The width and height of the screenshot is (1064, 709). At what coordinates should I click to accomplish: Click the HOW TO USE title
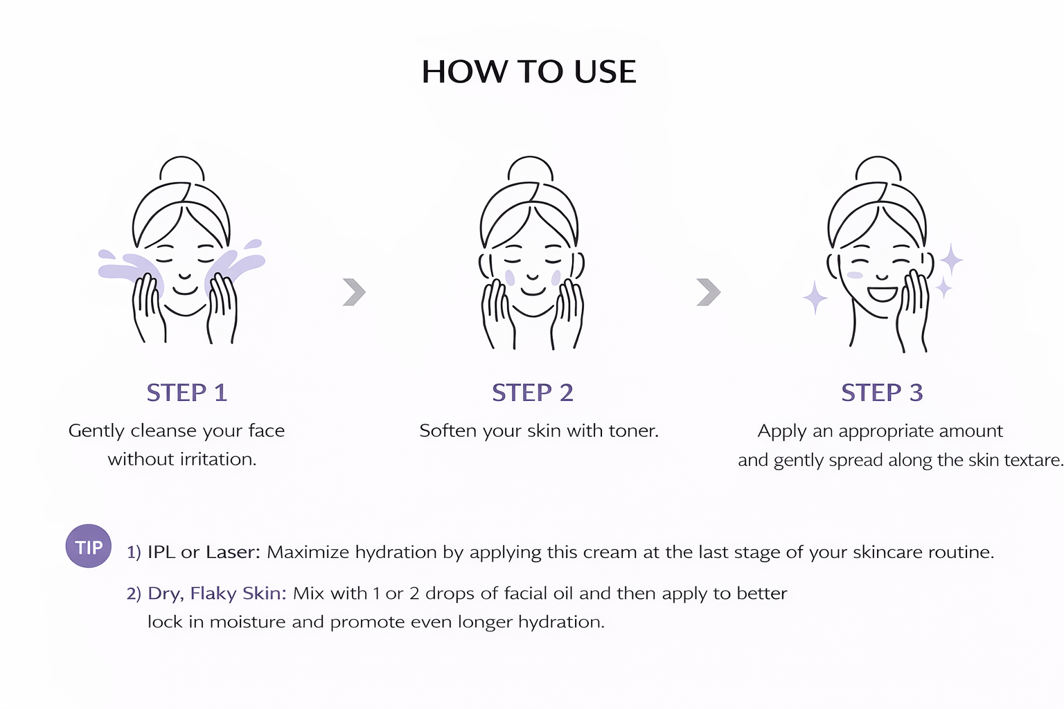(x=529, y=72)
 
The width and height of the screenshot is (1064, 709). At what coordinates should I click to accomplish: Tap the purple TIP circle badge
(x=89, y=546)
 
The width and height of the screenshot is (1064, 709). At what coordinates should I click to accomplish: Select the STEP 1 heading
(x=186, y=393)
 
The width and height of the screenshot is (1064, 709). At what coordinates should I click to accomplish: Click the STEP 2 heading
(x=533, y=393)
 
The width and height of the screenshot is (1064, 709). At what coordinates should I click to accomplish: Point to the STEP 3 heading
(x=882, y=393)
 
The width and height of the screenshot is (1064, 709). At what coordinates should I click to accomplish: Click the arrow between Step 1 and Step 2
(x=355, y=291)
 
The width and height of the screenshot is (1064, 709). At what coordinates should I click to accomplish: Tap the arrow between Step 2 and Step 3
(x=708, y=291)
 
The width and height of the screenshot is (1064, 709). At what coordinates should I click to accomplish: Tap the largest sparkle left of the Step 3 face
(x=815, y=298)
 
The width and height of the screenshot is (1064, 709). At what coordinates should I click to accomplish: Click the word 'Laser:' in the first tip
(x=233, y=552)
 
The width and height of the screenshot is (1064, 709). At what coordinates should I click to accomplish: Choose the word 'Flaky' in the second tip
(x=213, y=593)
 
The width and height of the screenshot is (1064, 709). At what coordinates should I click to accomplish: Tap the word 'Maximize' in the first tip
(x=305, y=552)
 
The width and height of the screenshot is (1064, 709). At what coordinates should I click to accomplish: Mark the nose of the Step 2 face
(x=533, y=276)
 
